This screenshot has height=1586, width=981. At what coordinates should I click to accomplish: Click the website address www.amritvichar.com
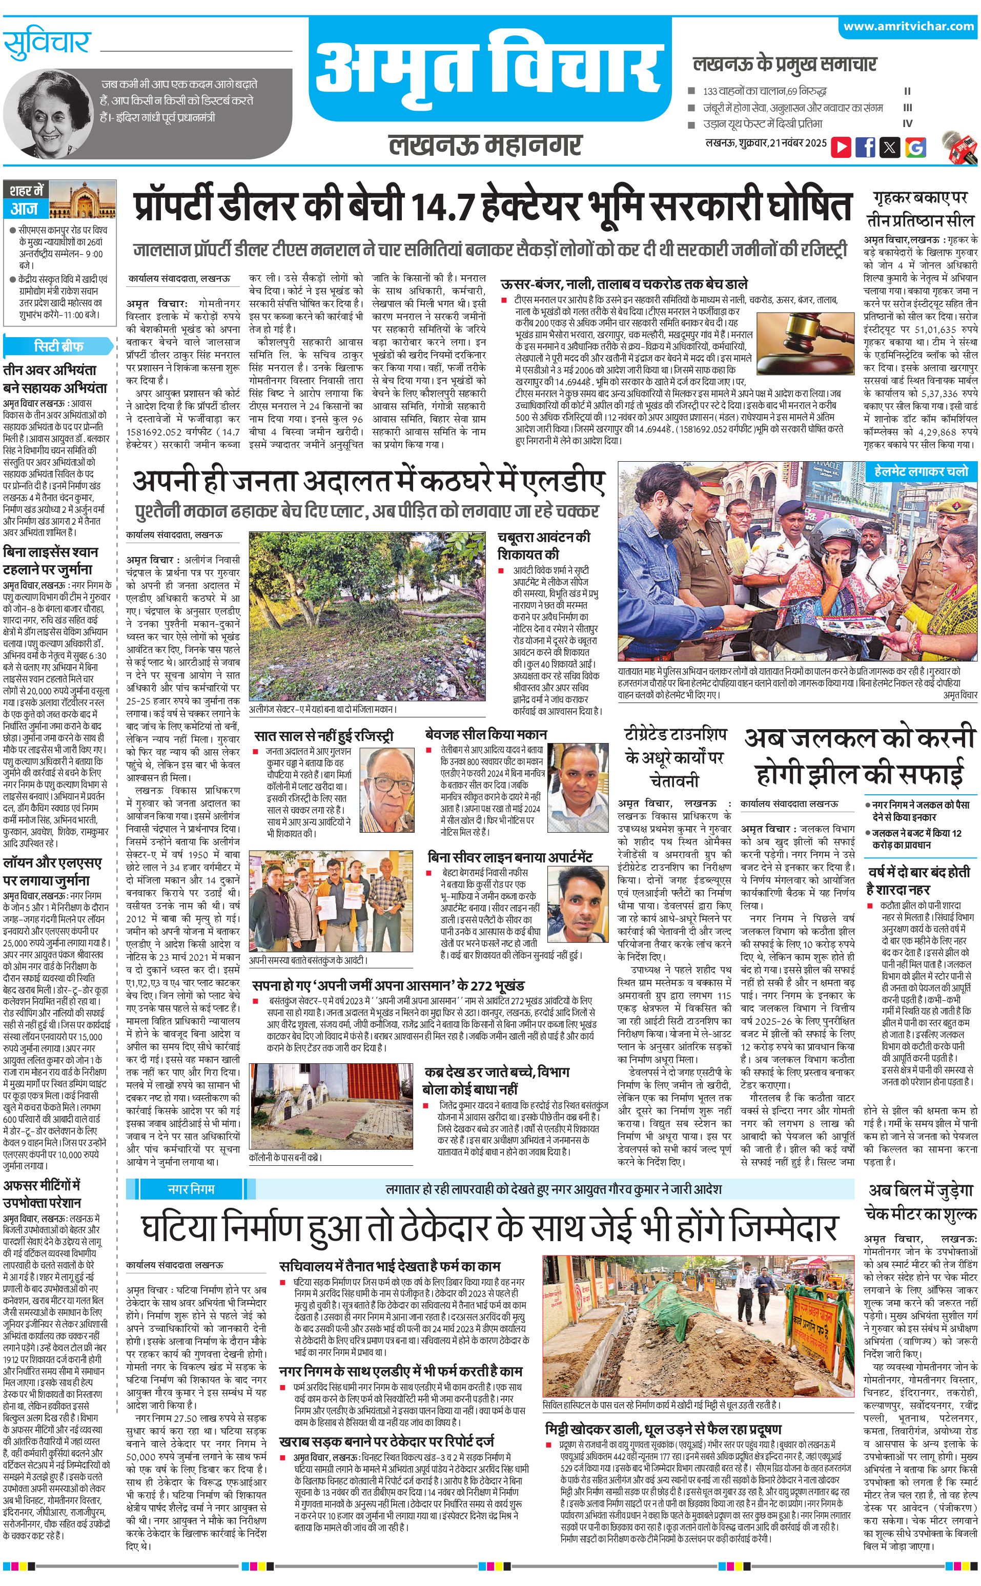908,26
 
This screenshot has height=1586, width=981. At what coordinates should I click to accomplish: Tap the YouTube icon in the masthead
841,147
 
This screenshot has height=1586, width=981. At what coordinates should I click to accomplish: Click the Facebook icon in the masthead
866,147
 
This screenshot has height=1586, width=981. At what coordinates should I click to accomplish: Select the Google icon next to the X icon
915,147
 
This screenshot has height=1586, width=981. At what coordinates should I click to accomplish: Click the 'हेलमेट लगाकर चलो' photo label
920,471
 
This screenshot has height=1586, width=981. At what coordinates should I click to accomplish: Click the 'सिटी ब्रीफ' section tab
58,346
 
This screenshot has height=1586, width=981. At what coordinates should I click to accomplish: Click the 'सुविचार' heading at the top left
46,44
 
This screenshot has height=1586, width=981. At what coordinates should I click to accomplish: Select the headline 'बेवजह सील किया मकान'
486,734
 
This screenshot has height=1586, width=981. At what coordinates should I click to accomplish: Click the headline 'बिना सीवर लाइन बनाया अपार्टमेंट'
510,857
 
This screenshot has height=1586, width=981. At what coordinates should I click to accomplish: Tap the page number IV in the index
907,123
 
